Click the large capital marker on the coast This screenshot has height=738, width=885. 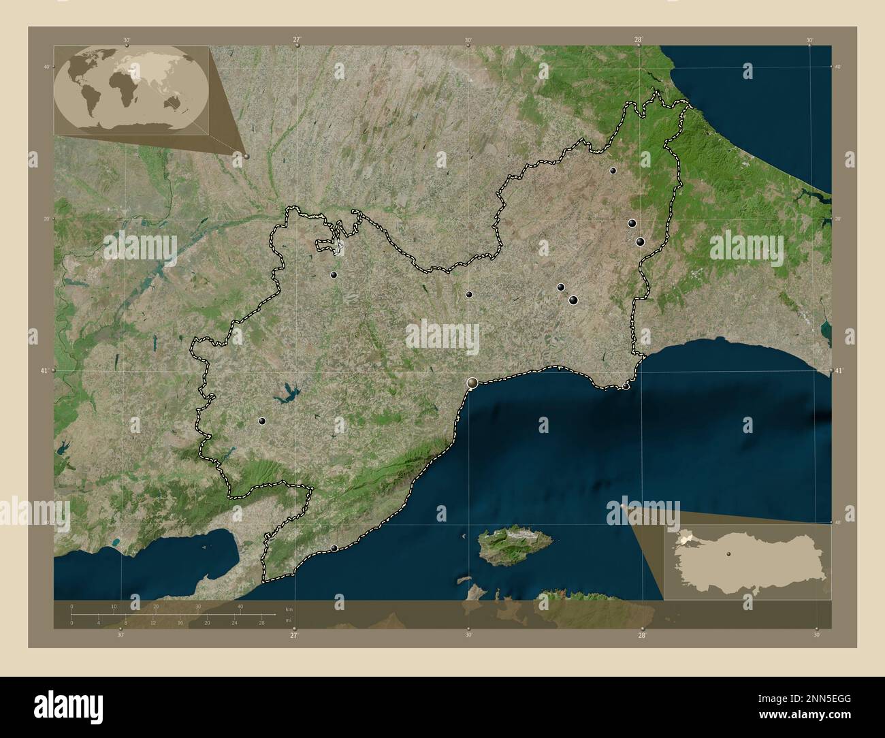pyautogui.click(x=472, y=385)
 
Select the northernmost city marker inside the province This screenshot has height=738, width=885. pyautogui.click(x=613, y=171)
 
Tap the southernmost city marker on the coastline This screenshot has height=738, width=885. pyautogui.click(x=334, y=548)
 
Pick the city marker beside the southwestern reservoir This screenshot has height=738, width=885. pyautogui.click(x=262, y=421)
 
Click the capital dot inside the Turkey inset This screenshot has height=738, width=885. pyautogui.click(x=728, y=554)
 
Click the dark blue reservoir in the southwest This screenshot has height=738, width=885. pyautogui.click(x=286, y=393)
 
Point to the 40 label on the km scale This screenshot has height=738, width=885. pyautogui.click(x=240, y=606)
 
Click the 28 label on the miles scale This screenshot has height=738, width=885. pyautogui.click(x=261, y=623)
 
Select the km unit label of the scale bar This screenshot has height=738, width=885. pyautogui.click(x=289, y=608)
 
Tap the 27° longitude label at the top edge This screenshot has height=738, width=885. pyautogui.click(x=297, y=40)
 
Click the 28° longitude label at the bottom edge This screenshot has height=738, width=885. pyautogui.click(x=642, y=635)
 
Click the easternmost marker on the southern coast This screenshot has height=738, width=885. pyautogui.click(x=626, y=387)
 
